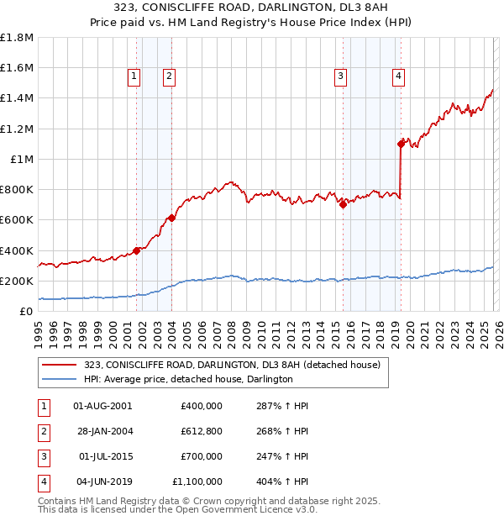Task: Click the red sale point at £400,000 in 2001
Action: tap(136, 250)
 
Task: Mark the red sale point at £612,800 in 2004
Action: tap(172, 218)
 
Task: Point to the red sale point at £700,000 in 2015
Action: tap(343, 204)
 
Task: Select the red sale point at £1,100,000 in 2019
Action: tap(401, 144)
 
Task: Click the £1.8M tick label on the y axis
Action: tap(17, 38)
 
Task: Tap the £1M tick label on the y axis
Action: tap(22, 160)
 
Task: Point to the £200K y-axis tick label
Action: tap(17, 282)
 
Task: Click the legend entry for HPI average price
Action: tap(187, 380)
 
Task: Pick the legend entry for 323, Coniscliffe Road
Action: tap(232, 365)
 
